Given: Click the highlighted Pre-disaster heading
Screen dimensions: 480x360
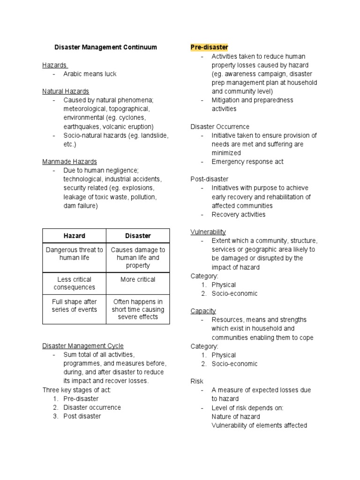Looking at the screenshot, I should [209, 47].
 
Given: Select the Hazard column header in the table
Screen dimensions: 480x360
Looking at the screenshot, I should [74, 236].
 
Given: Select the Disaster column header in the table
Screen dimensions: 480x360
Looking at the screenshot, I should [138, 236].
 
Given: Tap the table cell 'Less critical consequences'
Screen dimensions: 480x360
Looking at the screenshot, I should [74, 283].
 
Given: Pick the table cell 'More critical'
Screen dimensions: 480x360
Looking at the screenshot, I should [138, 279].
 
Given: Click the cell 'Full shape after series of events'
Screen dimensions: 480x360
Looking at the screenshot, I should [74, 306].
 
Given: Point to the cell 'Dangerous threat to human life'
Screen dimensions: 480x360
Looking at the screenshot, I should [74, 254].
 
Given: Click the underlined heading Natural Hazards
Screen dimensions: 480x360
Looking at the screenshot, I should [66, 91].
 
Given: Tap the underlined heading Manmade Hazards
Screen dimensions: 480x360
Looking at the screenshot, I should [70, 162].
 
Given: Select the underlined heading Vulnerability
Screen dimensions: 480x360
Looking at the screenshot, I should [208, 232].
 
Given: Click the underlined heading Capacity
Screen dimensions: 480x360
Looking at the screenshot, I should [203, 311].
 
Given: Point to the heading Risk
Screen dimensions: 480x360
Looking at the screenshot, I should [197, 381].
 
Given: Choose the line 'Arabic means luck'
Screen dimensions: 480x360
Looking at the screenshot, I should [90, 74].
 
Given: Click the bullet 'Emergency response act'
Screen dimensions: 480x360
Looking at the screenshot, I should [247, 162].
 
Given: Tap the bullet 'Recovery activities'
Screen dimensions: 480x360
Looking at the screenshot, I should [238, 214].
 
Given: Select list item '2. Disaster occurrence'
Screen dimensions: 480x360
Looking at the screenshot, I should [92, 407].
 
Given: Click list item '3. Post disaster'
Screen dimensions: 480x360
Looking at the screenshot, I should [82, 416].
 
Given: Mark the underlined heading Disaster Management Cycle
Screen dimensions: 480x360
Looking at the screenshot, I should [83, 346].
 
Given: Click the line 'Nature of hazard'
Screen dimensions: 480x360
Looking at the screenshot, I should [235, 416].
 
